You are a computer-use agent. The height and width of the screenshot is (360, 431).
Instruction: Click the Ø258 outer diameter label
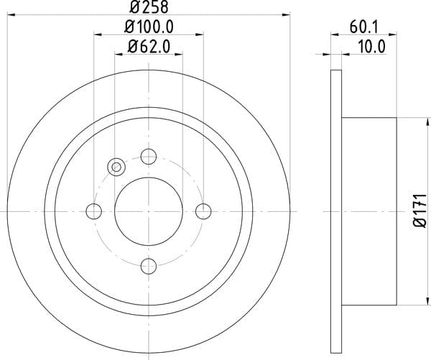click(x=149, y=7)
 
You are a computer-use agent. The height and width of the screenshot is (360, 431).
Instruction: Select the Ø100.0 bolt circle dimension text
click(x=149, y=27)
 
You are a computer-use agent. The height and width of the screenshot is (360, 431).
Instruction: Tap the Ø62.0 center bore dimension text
click(x=149, y=47)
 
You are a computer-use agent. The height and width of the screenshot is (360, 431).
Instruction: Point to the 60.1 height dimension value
click(x=364, y=27)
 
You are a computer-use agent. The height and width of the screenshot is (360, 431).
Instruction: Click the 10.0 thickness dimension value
click(x=371, y=47)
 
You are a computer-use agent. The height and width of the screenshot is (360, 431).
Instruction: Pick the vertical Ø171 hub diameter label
click(x=420, y=211)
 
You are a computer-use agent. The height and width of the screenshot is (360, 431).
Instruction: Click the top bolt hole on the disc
click(x=149, y=157)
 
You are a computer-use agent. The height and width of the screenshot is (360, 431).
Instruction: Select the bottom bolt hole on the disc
click(x=149, y=266)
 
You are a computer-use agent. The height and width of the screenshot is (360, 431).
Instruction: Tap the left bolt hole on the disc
click(x=93, y=211)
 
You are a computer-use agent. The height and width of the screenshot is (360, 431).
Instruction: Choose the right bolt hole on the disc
click(x=203, y=211)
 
